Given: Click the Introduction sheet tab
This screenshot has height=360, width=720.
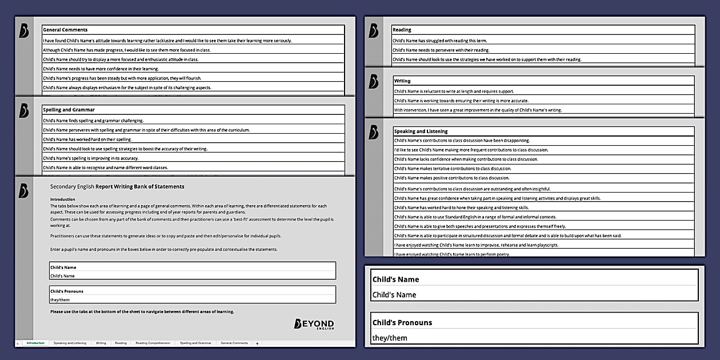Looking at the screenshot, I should pyautogui.click(x=35, y=343).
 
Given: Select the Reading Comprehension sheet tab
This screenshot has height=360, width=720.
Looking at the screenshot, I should pyautogui.click(x=153, y=343).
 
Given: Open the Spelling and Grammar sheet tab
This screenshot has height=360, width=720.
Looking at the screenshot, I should pyautogui.click(x=195, y=343).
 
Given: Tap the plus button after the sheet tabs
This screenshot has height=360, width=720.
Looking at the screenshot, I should pyautogui.click(x=257, y=343).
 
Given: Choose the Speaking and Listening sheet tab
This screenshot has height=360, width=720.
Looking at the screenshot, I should pyautogui.click(x=70, y=343).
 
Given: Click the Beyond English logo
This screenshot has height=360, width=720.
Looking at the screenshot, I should pyautogui.click(x=314, y=324).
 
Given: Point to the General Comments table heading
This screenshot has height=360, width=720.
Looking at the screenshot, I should pyautogui.click(x=65, y=30).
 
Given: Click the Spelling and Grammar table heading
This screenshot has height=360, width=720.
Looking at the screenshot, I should pyautogui.click(x=69, y=110).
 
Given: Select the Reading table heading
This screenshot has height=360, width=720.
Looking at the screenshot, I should pyautogui.click(x=402, y=30).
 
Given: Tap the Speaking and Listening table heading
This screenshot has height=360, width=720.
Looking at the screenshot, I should pyautogui.click(x=421, y=131).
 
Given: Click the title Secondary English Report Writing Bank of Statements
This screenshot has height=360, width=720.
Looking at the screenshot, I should pyautogui.click(x=117, y=186).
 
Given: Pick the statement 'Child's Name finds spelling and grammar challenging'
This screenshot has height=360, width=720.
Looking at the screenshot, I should pyautogui.click(x=93, y=121).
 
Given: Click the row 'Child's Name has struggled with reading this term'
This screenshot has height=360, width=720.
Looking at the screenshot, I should pyautogui.click(x=439, y=41).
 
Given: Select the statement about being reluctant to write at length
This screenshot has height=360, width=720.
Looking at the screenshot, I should pyautogui.click(x=454, y=91).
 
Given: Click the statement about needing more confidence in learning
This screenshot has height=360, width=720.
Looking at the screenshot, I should pyautogui.click(x=101, y=69).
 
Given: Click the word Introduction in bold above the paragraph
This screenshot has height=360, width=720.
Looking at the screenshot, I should pyautogui.click(x=63, y=199).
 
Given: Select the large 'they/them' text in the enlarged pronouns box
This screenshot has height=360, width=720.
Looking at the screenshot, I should pyautogui.click(x=390, y=338).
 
